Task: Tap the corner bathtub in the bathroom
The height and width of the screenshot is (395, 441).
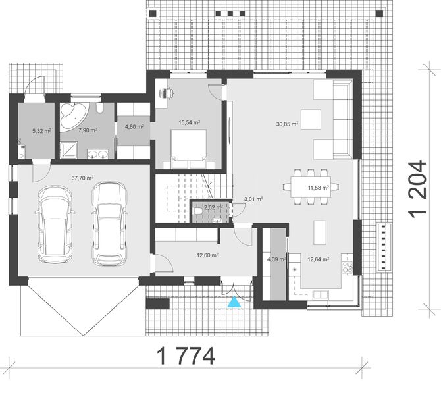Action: tap(72, 115)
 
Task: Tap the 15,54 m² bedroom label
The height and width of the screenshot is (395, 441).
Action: tap(190, 122)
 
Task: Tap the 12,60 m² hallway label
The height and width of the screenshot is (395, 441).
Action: tap(208, 255)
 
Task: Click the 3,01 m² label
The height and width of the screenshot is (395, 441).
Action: tap(253, 198)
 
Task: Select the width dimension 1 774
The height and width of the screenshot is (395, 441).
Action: tap(186, 356)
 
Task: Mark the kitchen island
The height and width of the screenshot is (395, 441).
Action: tap(319, 231)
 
